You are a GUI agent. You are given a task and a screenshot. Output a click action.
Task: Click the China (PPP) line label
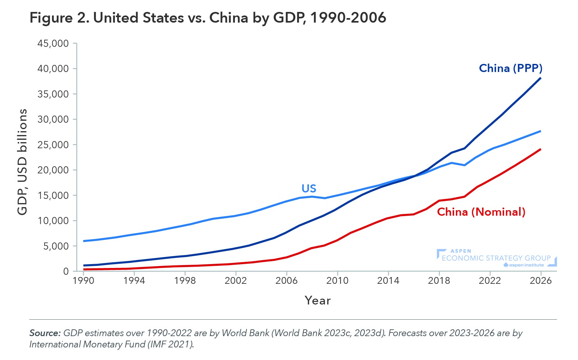tap(510, 68)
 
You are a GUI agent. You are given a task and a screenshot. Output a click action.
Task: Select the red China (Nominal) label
tap(481, 212)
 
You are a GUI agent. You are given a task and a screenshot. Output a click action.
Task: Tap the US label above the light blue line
tap(309, 189)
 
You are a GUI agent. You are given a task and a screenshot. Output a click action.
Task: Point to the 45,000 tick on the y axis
tap(53, 44)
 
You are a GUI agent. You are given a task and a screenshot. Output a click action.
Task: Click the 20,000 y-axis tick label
tap(53, 170)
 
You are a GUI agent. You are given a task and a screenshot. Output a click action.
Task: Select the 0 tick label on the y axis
tap(66, 272)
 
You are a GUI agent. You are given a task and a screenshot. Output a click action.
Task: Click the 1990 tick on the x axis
tap(83, 281)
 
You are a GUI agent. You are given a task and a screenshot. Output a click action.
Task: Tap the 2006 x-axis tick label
tap(286, 281)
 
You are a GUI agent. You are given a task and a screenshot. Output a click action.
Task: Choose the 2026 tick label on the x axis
tap(541, 281)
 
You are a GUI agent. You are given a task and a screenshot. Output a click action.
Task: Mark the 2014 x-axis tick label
tap(388, 281)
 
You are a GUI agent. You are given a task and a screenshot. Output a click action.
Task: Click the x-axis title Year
tap(318, 301)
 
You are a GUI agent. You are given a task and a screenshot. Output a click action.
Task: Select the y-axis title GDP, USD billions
tap(22, 162)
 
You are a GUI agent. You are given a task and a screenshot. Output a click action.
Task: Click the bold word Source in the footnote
tap(45, 333)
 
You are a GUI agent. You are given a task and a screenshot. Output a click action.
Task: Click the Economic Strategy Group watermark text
tap(496, 258)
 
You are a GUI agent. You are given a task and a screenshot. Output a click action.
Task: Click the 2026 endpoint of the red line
tap(541, 149)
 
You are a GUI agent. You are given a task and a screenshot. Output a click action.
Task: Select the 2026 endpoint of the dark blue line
tap(541, 78)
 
